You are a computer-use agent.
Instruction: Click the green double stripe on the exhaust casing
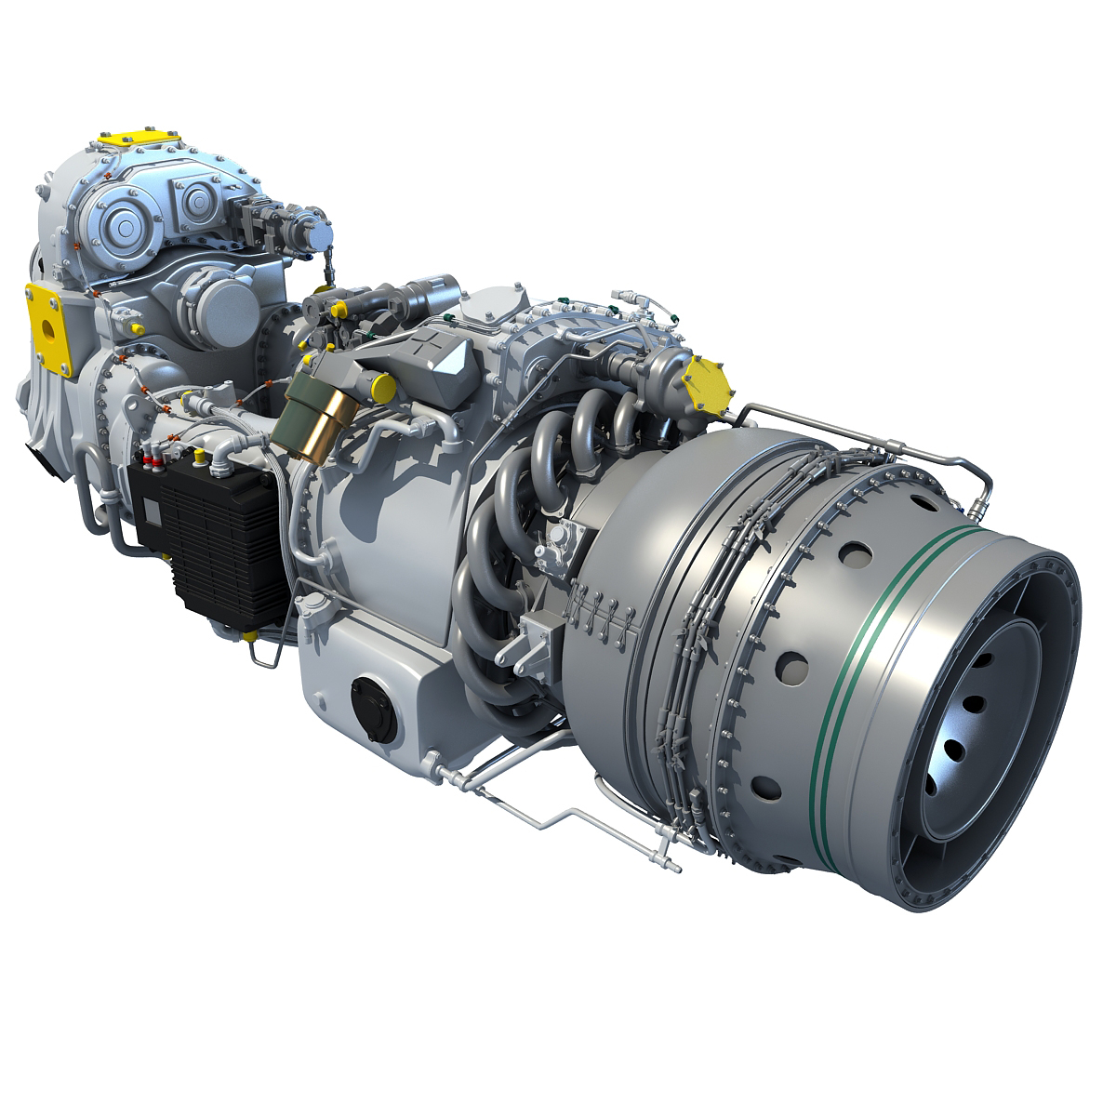click(x=854, y=651)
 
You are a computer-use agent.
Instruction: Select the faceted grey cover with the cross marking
click(x=430, y=355)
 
